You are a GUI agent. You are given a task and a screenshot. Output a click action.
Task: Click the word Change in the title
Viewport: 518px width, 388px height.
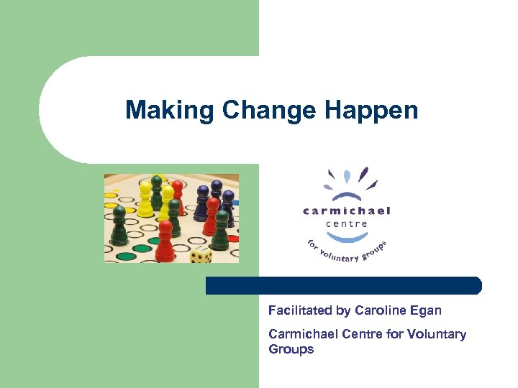pos(270,110)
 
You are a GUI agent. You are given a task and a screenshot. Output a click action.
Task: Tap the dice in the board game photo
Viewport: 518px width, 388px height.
pos(201,254)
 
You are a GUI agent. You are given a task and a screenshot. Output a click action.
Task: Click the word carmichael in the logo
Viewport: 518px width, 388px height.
pos(346,211)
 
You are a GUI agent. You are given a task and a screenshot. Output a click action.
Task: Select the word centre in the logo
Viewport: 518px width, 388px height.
pos(346,223)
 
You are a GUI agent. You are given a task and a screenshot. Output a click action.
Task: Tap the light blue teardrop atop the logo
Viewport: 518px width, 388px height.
pos(347,176)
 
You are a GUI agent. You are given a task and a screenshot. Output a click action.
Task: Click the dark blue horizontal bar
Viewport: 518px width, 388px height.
pos(343,285)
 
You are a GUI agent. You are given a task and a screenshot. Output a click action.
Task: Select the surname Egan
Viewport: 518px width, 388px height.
pos(425,310)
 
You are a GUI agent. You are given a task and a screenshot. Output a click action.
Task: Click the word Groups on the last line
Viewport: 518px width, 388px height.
pos(291,350)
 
